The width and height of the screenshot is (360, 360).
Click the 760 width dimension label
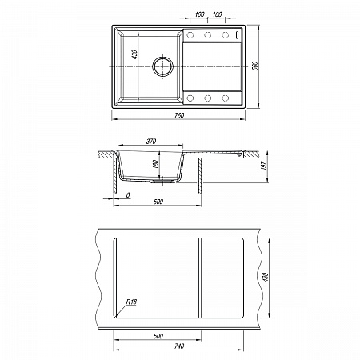click(x=179, y=116)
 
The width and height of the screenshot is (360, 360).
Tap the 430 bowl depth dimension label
click(x=134, y=54)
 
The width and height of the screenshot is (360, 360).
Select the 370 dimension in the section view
click(x=151, y=142)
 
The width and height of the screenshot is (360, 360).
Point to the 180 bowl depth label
click(x=156, y=164)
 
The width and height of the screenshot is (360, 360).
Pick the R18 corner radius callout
click(x=131, y=302)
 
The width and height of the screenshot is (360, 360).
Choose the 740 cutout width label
click(x=179, y=346)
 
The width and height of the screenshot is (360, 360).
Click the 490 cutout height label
click(x=266, y=278)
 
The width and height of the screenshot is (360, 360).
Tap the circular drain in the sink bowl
click(x=163, y=66)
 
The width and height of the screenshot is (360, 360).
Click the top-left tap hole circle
click(x=190, y=35)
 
